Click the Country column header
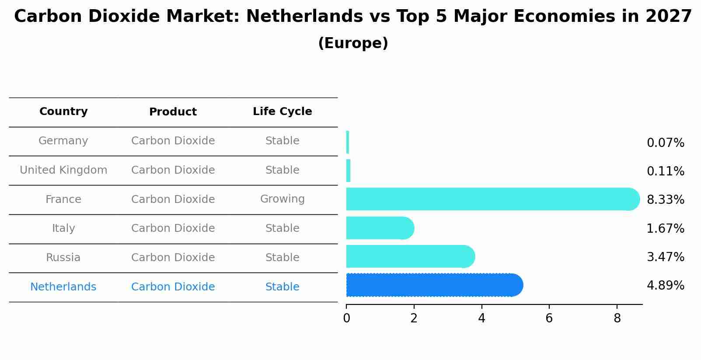coord(63,112)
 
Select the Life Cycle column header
coord(282,112)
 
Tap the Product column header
coord(173,112)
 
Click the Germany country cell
coord(63,141)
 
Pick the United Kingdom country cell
coord(63,170)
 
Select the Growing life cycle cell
coord(282,199)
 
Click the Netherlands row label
coord(63,287)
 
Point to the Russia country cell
coord(63,258)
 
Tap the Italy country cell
coord(63,228)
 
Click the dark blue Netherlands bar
coord(433,285)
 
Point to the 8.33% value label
coord(665,200)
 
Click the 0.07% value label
coord(665,143)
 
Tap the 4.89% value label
coord(665,286)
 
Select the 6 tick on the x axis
coord(549,318)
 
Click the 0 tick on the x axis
coord(346,318)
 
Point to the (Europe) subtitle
coord(353,43)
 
